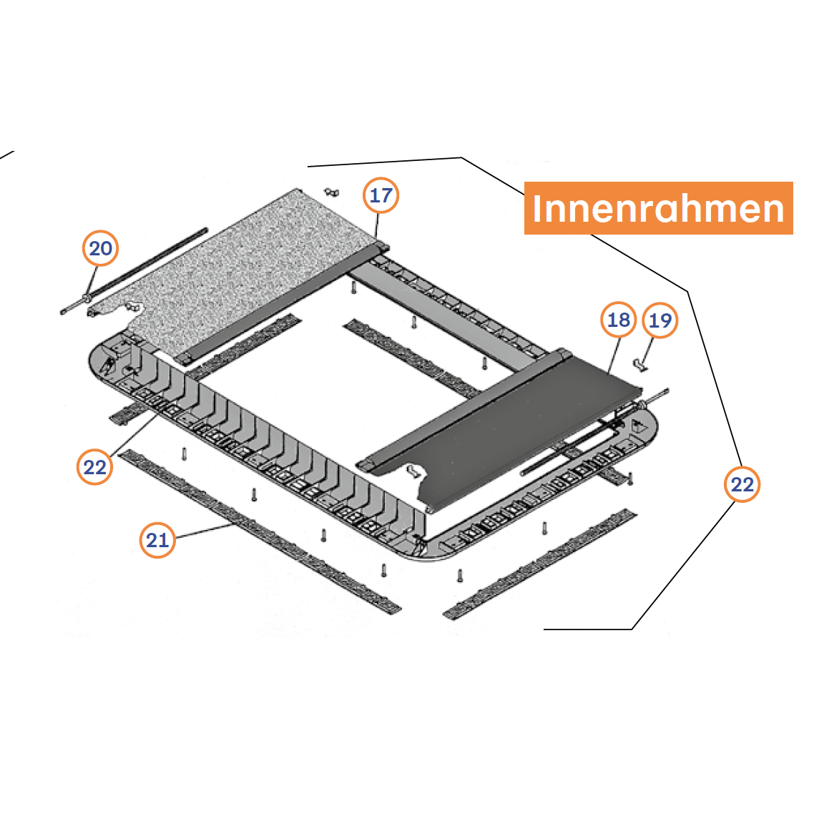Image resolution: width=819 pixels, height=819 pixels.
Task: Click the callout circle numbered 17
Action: pos(381,195)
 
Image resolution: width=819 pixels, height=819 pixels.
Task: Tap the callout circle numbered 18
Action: pos(619,320)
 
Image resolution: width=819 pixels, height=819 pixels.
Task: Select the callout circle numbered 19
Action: pos(659,320)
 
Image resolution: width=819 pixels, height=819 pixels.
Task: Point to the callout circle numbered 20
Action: pos(100,248)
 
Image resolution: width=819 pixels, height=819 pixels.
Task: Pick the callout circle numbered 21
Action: pos(157,540)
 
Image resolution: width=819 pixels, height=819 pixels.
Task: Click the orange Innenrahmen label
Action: pos(658,208)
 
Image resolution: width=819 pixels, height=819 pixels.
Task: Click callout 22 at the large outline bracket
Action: pos(742,484)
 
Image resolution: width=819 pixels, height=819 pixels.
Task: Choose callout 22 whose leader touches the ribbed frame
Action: pos(94,467)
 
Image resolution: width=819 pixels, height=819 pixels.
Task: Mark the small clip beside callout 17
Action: pos(332,192)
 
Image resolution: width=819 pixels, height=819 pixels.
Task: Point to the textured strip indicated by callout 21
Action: pos(260,531)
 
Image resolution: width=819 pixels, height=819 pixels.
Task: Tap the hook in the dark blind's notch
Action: pos(414,471)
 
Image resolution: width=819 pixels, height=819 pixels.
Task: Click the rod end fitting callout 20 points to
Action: pos(85,298)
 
